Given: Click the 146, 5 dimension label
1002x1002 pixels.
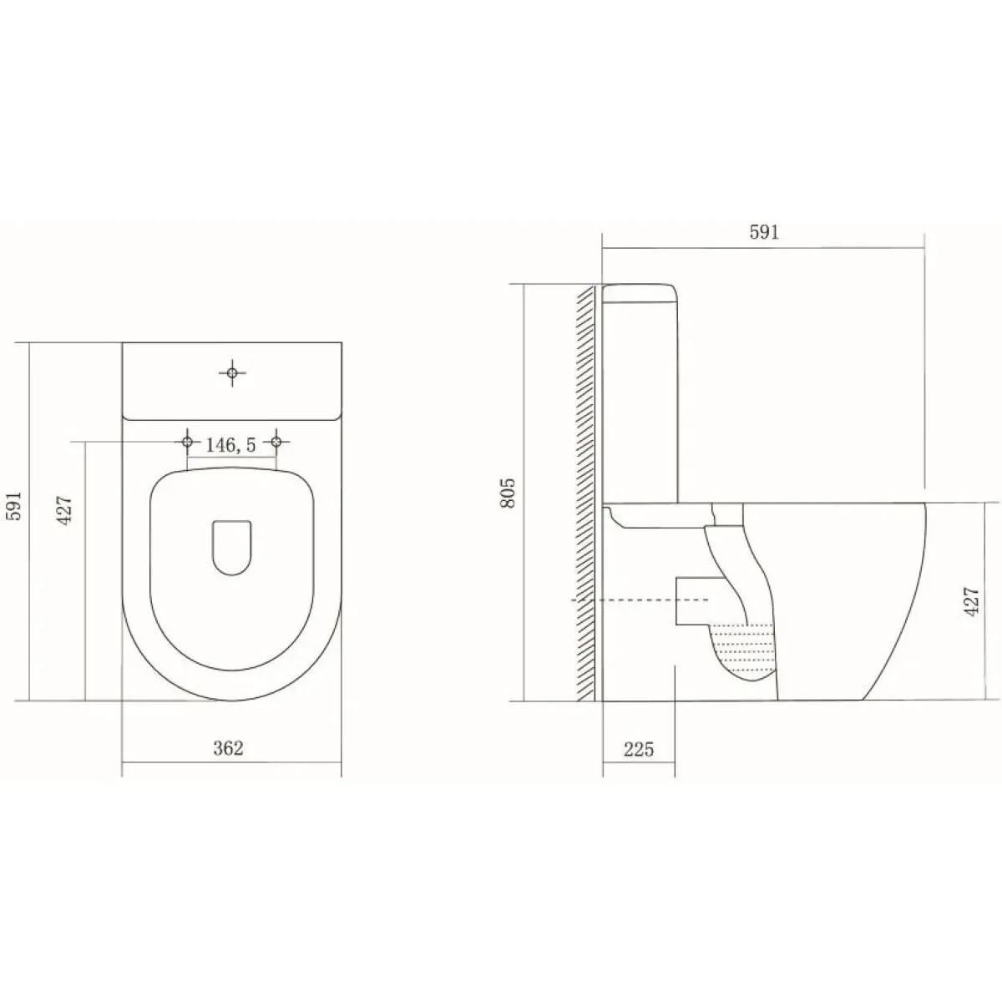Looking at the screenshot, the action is point(230,445).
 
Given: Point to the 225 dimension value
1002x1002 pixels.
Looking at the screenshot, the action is point(639,749).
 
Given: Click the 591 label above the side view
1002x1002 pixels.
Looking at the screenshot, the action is point(764,232).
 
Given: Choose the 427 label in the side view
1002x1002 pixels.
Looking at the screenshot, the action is point(971,601).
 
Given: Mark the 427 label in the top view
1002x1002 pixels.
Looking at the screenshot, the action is point(65,511).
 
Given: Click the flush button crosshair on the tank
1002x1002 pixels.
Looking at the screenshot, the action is point(232,372).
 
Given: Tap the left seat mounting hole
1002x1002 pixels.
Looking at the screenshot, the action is point(187,442).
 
